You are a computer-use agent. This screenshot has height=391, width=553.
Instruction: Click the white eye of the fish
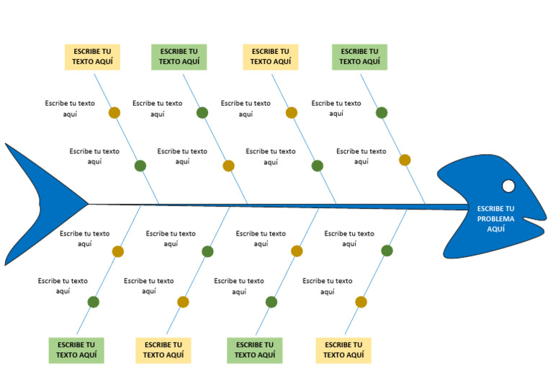tap(508, 186)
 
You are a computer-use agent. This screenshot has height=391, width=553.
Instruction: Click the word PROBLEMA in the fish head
tap(495, 219)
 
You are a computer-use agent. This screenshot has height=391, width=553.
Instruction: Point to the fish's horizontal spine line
tap(279, 206)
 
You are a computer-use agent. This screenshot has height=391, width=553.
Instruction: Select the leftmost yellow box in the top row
tap(92, 57)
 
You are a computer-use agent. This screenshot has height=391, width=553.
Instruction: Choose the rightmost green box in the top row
tap(359, 57)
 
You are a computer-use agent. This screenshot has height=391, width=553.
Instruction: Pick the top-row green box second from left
tap(179, 57)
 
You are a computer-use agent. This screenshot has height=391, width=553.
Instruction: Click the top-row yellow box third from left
tap(271, 57)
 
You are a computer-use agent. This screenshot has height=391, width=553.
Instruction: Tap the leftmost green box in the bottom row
tap(76, 350)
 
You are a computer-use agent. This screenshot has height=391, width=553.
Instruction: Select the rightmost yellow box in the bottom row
tap(343, 350)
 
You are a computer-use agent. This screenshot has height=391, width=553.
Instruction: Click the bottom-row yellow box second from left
tap(163, 350)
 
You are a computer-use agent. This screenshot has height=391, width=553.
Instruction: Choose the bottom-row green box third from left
tap(255, 350)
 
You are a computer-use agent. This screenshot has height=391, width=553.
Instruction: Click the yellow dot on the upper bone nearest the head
tap(405, 160)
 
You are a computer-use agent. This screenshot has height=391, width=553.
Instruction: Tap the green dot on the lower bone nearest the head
tap(387, 251)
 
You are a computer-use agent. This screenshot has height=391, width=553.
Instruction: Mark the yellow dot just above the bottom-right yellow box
tap(361, 302)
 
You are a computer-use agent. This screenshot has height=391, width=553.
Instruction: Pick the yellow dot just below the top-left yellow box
tap(114, 113)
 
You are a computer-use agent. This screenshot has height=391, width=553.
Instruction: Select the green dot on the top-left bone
tap(140, 166)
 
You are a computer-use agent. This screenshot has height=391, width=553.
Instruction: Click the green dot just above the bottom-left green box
tap(93, 302)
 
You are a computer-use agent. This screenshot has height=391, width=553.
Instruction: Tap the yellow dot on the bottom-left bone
tap(118, 251)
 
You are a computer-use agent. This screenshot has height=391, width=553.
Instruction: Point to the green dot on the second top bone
tap(202, 113)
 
